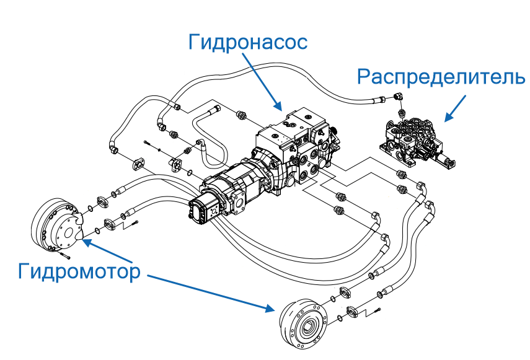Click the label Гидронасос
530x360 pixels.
point(247,43)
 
